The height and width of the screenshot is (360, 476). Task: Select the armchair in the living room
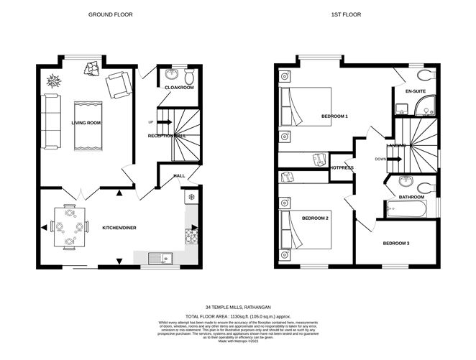point(119,86)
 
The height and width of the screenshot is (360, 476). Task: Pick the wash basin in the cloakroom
point(172,75)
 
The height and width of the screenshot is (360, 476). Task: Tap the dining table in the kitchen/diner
point(69,226)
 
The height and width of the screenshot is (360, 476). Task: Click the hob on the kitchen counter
point(192,234)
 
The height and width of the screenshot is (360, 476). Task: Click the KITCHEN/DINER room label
point(119,228)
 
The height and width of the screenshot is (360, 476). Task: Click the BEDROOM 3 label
point(395,244)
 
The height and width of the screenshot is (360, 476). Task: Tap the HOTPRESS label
point(341,167)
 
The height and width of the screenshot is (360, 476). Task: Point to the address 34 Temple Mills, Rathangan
point(238,307)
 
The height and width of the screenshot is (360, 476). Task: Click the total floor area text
point(238,316)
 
